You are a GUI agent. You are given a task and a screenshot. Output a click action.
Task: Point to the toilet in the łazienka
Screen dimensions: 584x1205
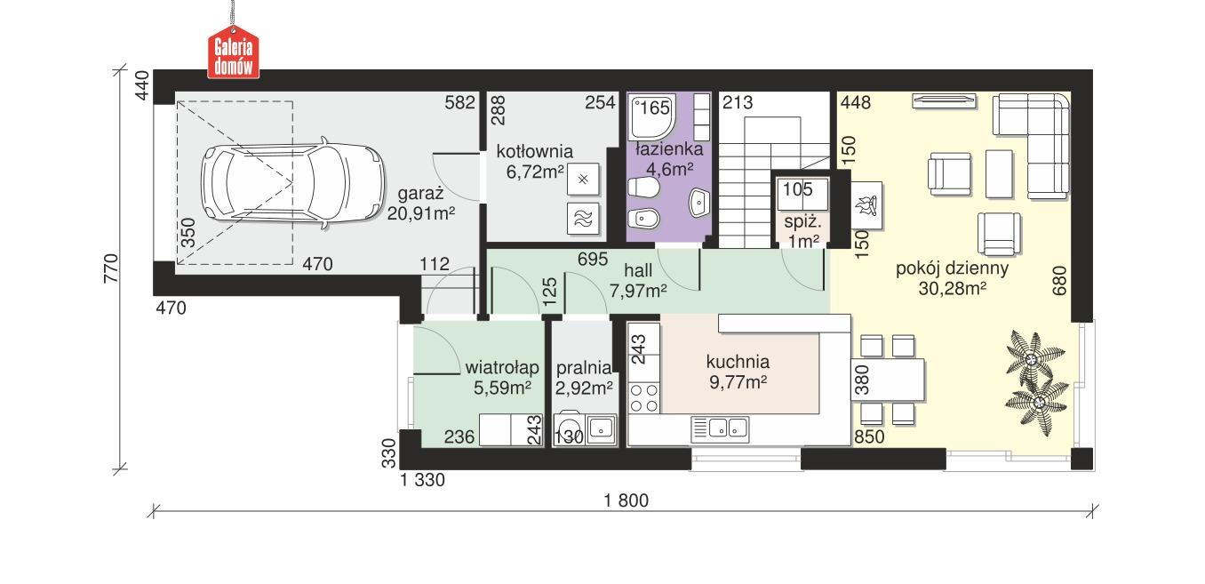pos(642,188)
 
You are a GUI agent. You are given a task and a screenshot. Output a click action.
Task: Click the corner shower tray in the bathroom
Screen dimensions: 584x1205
pos(653,118)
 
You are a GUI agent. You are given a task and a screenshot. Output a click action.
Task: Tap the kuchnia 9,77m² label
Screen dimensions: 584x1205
pos(737,372)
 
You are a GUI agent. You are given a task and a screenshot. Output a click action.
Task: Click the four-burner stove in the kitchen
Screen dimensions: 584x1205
pos(645,397)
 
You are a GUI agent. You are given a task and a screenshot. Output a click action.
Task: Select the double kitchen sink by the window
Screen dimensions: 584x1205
pos(721,429)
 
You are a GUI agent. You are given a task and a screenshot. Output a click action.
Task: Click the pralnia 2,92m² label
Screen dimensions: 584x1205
pos(584,377)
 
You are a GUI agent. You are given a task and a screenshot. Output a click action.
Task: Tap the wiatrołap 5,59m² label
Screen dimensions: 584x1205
pos(502,377)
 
